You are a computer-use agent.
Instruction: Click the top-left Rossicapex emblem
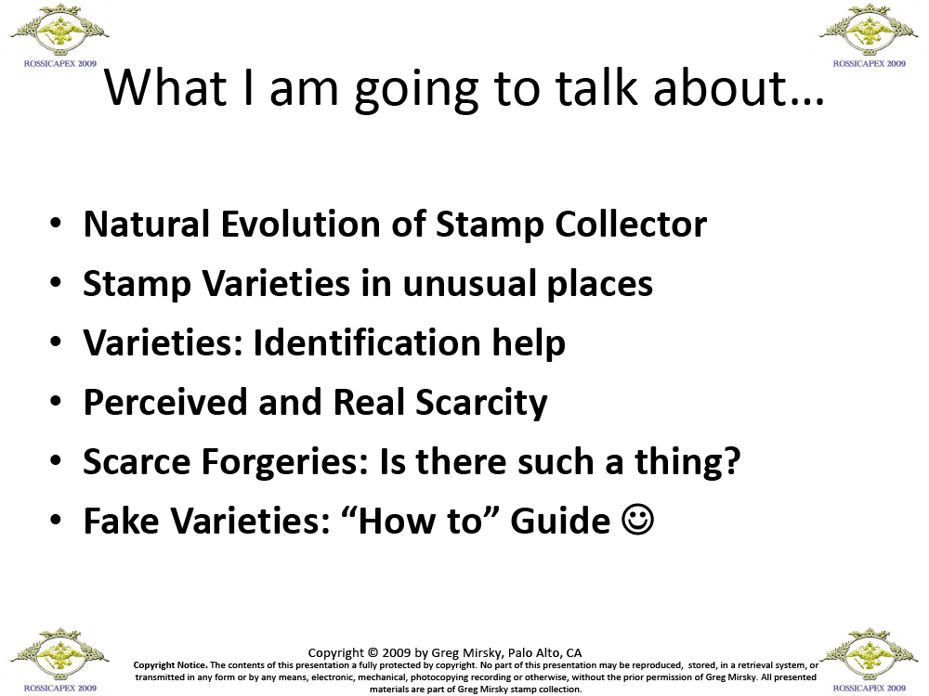(x=59, y=31)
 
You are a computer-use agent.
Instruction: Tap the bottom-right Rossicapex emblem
(x=870, y=655)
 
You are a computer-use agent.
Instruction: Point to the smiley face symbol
(x=638, y=520)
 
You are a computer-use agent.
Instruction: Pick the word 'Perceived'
(x=165, y=402)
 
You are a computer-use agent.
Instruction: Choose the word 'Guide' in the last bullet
(x=560, y=521)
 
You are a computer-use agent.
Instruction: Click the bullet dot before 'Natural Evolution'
(x=56, y=224)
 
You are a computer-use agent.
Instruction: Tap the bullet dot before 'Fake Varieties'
(x=56, y=521)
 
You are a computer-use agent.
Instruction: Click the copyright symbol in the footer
(x=373, y=652)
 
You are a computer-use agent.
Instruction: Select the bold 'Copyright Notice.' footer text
(x=170, y=665)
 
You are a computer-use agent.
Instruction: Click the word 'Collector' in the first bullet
(x=631, y=224)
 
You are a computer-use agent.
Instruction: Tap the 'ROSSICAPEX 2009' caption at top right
(x=870, y=63)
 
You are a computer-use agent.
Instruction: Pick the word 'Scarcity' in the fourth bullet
(x=481, y=403)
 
